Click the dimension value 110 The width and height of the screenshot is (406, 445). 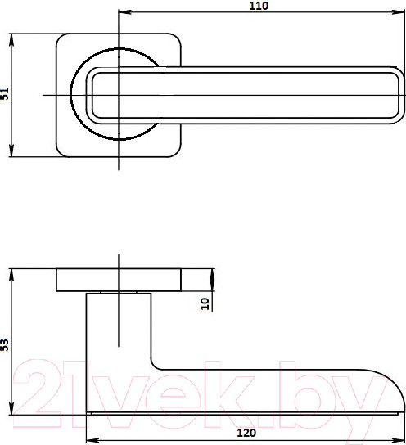259,6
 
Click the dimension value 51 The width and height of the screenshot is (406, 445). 5,93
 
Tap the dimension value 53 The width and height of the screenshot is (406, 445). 5,345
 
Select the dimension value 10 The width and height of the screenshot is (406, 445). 205,303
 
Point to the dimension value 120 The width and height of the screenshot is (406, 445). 246,433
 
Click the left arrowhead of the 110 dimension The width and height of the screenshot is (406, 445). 124,12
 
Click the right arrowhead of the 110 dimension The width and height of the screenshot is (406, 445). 399,12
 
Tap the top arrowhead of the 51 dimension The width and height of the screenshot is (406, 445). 11,40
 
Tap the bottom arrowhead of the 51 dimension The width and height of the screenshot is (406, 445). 11,151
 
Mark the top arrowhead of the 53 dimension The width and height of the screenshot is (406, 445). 11,275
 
